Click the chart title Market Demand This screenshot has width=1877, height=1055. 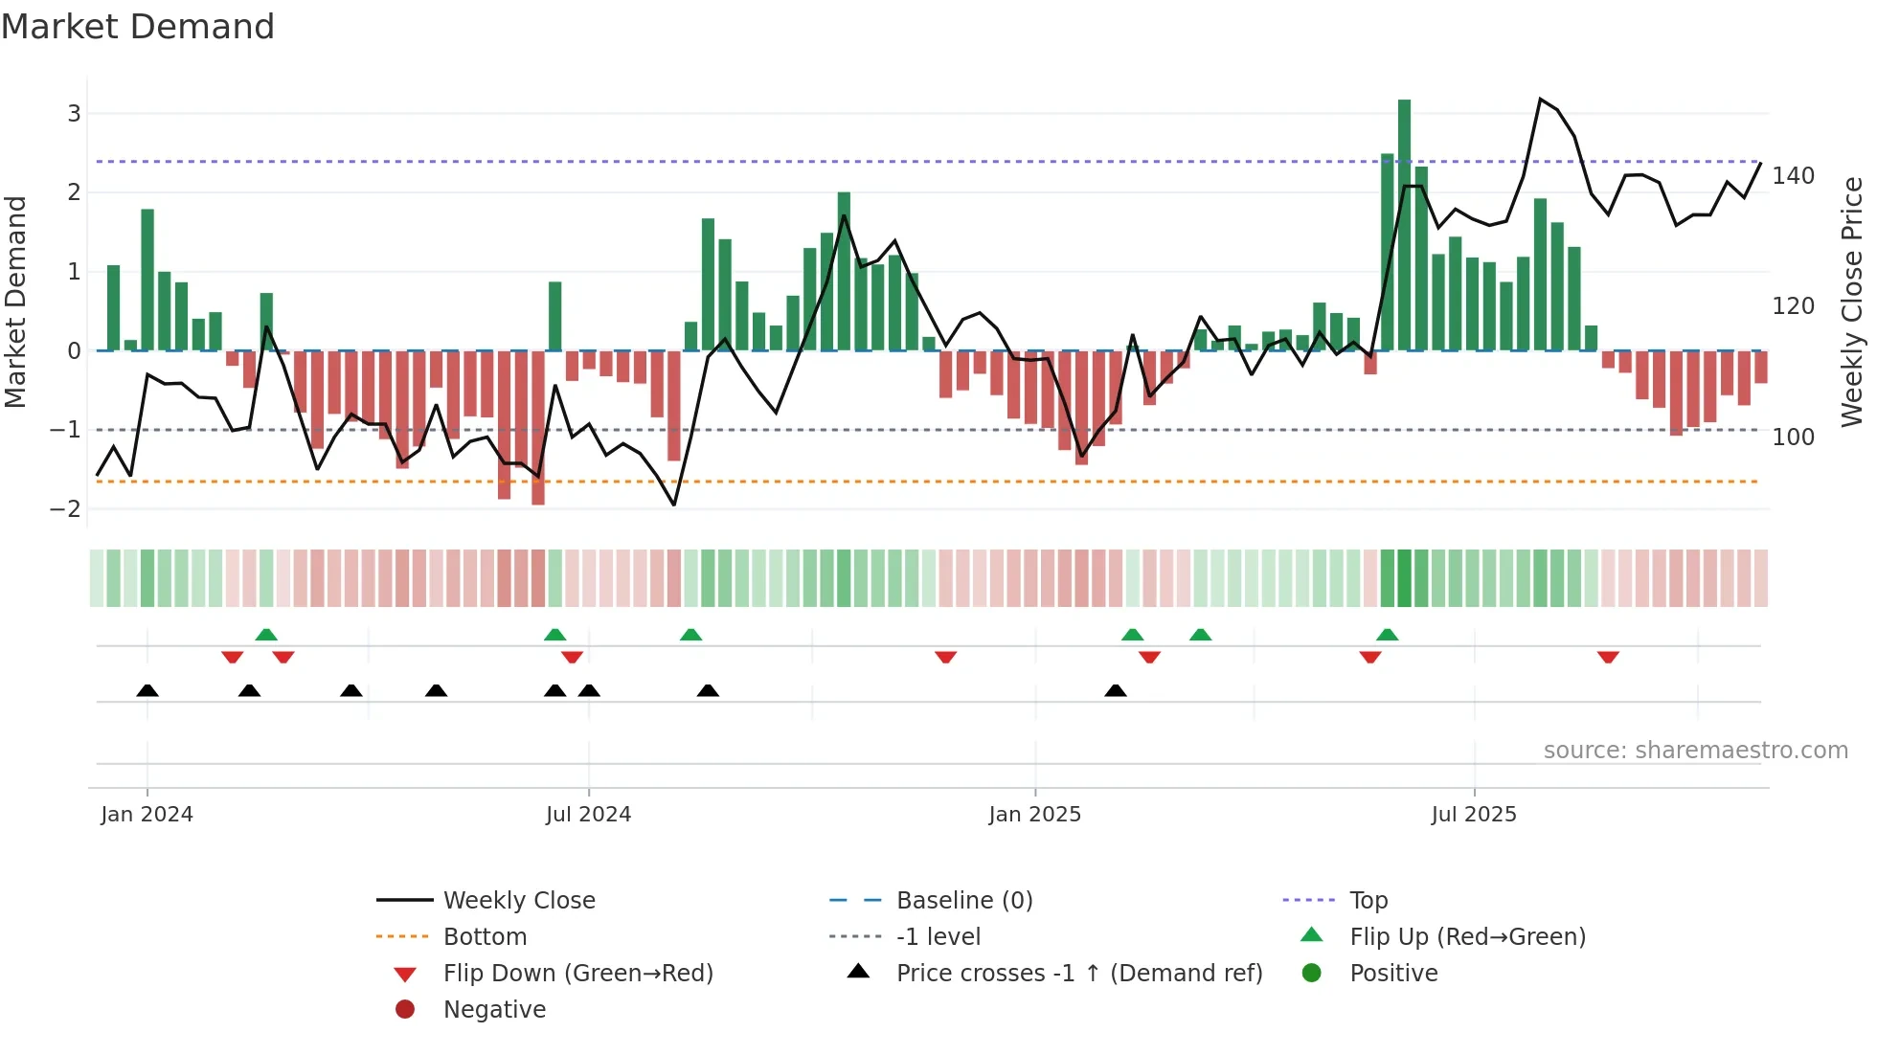click(x=138, y=27)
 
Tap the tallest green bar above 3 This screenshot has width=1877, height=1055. click(x=1404, y=224)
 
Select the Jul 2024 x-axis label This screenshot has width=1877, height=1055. click(x=588, y=815)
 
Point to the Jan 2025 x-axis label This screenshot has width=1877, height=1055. click(x=1034, y=815)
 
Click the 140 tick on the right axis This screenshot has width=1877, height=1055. click(x=1793, y=176)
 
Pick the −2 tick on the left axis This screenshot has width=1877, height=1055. click(x=65, y=509)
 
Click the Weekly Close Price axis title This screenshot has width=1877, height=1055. click(x=1852, y=302)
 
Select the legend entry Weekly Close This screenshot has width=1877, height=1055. click(x=519, y=901)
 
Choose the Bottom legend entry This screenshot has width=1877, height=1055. click(x=485, y=937)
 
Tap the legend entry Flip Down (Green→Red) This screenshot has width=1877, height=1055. click(x=577, y=974)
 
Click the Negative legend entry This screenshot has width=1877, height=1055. click(x=494, y=1010)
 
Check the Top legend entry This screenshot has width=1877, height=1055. click(x=1368, y=901)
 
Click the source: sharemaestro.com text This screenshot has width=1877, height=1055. click(x=1695, y=751)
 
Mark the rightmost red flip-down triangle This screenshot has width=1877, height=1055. click(x=1608, y=657)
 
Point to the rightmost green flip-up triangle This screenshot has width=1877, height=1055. click(x=1387, y=635)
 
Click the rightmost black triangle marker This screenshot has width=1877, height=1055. click(x=1115, y=690)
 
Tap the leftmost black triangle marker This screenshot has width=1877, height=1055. click(x=147, y=690)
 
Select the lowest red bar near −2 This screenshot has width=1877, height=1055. click(x=538, y=428)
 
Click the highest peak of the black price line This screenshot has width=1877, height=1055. click(x=1540, y=99)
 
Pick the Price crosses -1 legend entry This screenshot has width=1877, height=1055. click(x=1078, y=974)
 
